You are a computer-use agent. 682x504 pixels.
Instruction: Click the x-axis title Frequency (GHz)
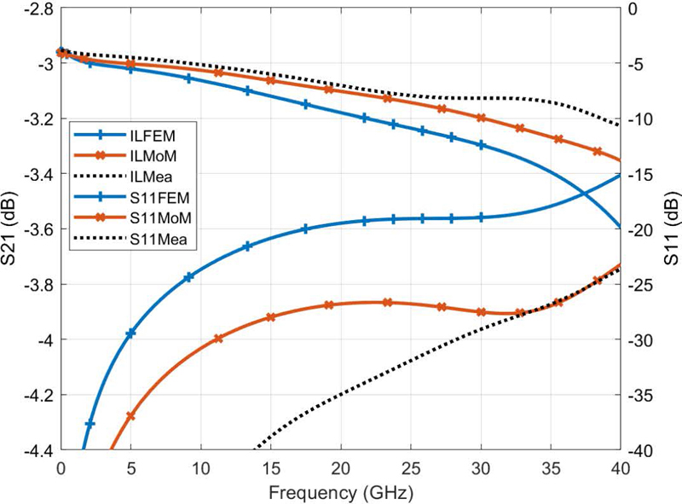tap(340, 492)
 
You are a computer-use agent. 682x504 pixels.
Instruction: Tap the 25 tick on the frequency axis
tap(411, 468)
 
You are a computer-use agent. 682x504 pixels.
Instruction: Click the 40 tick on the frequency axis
tap(620, 468)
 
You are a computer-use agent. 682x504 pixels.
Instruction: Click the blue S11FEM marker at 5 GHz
tap(130, 333)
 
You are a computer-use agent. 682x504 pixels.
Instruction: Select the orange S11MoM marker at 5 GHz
tap(130, 416)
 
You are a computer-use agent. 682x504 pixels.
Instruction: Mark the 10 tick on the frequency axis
tap(200, 468)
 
